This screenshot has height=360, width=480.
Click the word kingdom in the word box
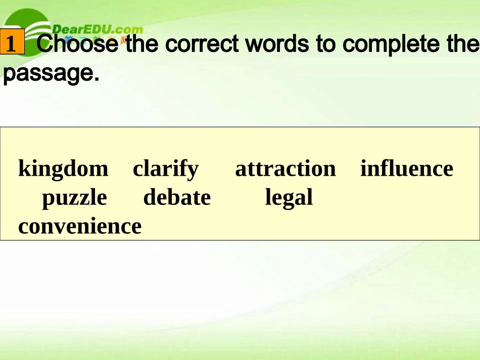pyautogui.click(x=63, y=169)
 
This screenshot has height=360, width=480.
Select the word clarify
pyautogui.click(x=166, y=169)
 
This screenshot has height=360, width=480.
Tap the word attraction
pyautogui.click(x=285, y=169)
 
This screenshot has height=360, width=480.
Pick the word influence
pyautogui.click(x=407, y=169)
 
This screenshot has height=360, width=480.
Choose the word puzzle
pyautogui.click(x=74, y=197)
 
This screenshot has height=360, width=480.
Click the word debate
pyautogui.click(x=177, y=197)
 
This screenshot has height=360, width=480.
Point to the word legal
pyautogui.click(x=289, y=197)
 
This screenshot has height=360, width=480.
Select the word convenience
pyautogui.click(x=80, y=226)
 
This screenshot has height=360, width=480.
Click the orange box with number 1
pyautogui.click(x=12, y=44)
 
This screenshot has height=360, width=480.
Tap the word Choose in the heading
pyautogui.click(x=78, y=44)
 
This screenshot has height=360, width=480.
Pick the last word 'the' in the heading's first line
pyautogui.click(x=462, y=44)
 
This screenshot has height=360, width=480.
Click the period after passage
pyautogui.click(x=94, y=79)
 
